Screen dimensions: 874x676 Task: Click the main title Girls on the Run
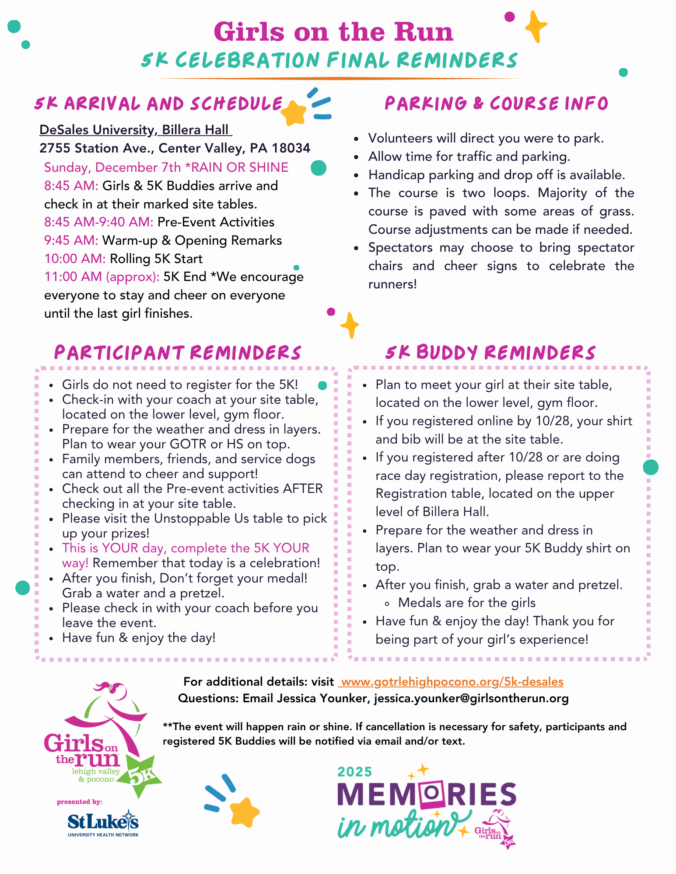(333, 32)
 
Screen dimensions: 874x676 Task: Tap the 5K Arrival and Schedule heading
(158, 104)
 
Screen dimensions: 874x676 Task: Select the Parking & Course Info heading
(496, 104)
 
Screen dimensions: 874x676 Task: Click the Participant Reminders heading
(178, 353)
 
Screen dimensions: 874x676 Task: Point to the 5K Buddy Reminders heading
(490, 353)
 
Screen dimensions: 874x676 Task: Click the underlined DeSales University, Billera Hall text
(135, 130)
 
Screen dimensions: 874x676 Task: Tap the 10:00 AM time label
(75, 259)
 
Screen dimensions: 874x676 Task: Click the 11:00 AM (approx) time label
(102, 277)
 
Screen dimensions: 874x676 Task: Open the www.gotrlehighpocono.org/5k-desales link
(452, 682)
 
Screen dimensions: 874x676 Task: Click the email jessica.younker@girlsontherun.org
(471, 698)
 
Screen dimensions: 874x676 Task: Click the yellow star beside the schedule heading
(294, 113)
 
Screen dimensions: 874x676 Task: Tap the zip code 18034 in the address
(291, 149)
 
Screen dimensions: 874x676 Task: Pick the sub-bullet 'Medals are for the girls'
(467, 603)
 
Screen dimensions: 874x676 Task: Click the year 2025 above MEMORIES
(354, 772)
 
